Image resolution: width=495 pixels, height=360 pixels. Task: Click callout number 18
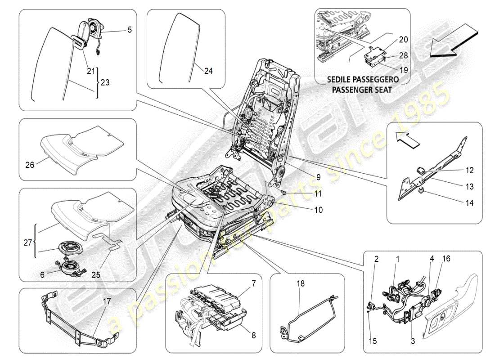(x=301, y=284)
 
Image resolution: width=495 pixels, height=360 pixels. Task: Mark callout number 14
(x=469, y=203)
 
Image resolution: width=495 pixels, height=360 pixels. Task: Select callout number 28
(x=403, y=55)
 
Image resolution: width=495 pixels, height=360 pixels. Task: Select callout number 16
(x=446, y=259)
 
